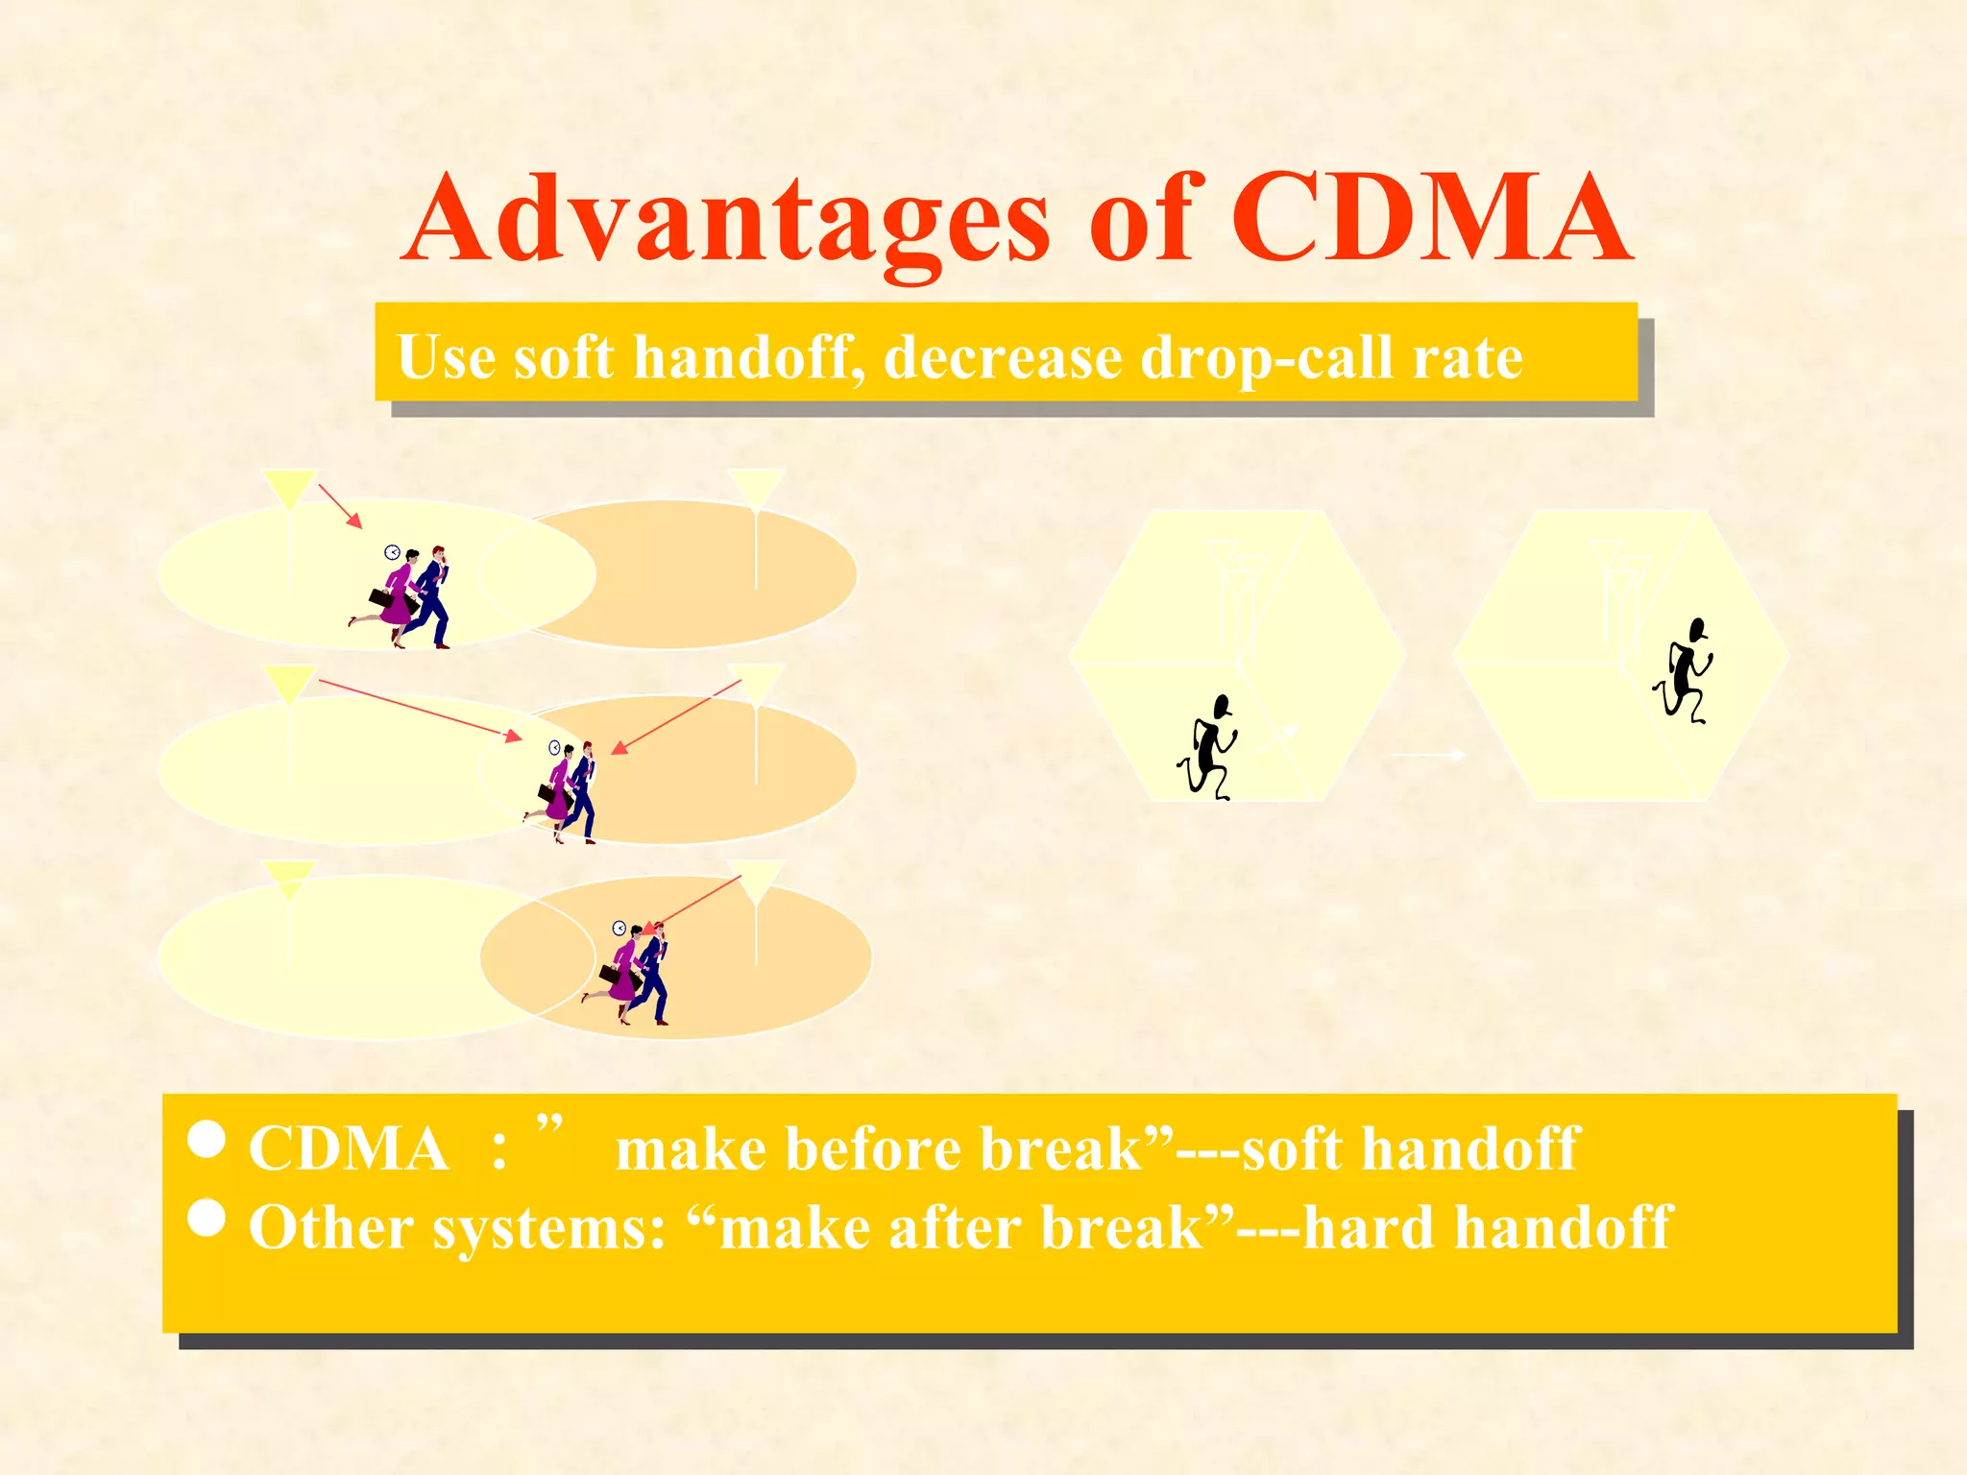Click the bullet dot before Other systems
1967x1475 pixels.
coord(206,1218)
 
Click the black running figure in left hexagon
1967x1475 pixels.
coord(1208,748)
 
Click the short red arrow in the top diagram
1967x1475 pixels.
coord(340,506)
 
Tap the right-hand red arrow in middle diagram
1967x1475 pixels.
coord(676,716)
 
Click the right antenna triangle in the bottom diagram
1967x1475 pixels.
coord(757,879)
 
